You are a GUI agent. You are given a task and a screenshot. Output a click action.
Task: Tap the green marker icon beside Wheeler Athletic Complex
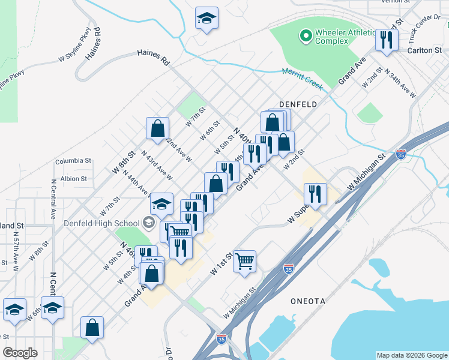(x=306, y=37)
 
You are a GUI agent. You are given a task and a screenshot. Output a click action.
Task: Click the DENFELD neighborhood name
(x=297, y=104)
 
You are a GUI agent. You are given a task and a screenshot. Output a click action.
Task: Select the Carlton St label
(x=424, y=50)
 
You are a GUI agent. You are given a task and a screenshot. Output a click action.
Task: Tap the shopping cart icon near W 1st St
(x=244, y=261)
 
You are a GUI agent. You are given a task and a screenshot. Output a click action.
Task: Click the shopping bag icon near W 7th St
(x=157, y=127)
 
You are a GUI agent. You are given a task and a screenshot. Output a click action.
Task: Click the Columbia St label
(x=73, y=161)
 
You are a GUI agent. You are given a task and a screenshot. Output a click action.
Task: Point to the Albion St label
(x=74, y=178)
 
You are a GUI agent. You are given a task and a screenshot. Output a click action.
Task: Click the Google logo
(x=20, y=353)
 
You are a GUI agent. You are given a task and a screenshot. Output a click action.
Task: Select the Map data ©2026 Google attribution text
(x=412, y=355)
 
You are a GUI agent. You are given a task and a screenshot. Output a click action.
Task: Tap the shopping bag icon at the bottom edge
(x=92, y=328)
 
